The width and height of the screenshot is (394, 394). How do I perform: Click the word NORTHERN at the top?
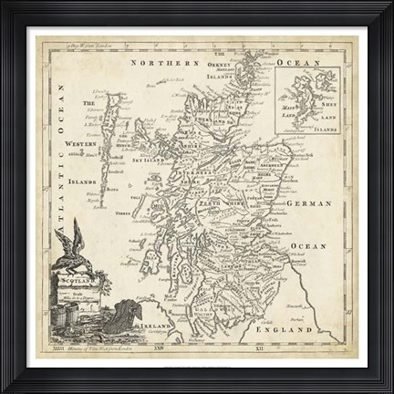point(165,64)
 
